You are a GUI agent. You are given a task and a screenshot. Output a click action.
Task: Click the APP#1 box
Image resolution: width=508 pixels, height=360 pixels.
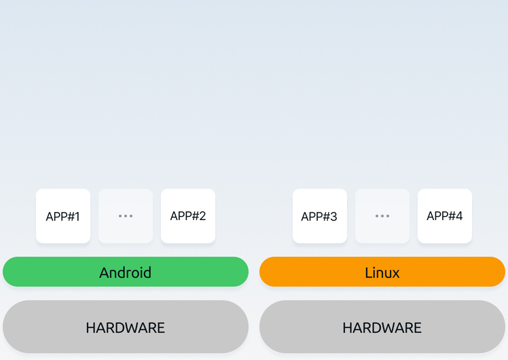63,216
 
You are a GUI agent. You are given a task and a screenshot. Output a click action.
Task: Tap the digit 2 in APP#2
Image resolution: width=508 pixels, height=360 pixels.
202,216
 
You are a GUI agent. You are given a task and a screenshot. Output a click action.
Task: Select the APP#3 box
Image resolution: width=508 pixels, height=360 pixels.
320,216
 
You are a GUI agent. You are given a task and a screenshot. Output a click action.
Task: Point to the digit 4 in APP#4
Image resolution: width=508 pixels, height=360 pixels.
458,216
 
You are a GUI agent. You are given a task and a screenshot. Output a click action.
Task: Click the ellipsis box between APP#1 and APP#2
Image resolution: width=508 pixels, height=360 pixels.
126,216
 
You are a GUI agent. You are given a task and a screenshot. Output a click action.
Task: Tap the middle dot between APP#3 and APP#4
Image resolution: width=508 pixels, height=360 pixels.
382,216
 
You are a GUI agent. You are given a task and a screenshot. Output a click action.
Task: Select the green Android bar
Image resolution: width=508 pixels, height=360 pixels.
126,272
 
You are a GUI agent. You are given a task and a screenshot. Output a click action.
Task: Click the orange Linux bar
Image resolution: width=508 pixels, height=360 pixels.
382,272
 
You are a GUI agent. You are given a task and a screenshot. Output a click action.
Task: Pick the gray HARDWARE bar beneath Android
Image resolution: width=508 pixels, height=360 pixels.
126,327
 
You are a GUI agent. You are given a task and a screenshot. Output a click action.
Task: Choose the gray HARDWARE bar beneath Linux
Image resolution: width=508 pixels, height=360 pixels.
382,327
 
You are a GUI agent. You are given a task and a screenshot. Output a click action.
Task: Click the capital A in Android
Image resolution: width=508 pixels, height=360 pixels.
105,272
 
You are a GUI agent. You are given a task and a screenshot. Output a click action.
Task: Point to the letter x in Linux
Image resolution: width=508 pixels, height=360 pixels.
395,274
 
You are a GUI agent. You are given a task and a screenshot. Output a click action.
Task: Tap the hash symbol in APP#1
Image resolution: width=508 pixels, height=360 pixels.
69,217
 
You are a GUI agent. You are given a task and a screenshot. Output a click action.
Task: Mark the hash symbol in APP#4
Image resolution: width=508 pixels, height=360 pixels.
450,216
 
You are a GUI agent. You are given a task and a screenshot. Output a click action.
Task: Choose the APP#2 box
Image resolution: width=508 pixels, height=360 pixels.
188,216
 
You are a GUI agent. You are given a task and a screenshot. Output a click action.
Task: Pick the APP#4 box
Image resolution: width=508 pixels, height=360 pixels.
445,216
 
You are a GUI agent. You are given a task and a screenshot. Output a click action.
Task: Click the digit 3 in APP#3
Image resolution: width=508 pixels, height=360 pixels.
333,217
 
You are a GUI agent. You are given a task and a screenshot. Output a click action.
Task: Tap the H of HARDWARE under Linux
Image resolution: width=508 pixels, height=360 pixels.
347,328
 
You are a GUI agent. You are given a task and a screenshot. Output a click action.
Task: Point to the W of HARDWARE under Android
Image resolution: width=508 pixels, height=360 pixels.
133,328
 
